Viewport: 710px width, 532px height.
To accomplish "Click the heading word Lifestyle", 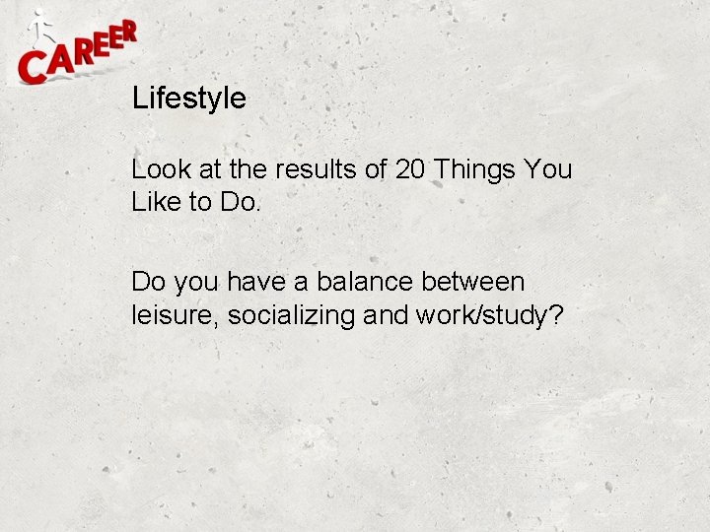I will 188,99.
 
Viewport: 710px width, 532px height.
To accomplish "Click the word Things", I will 475,170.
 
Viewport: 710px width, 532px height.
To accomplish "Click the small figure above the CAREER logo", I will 39,28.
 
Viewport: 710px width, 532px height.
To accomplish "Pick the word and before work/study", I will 386,315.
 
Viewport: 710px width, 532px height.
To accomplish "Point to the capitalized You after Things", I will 549,169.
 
